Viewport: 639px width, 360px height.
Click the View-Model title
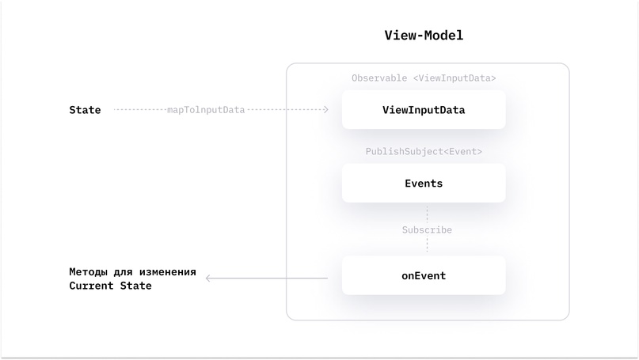424,36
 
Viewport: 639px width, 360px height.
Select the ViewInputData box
424,110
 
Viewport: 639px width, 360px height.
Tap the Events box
424,184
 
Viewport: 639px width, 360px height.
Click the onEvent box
424,275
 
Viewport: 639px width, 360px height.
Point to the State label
85,110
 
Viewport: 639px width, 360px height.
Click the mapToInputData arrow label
206,110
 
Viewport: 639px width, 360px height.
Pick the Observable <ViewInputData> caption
424,78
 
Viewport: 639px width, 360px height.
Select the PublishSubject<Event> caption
424,151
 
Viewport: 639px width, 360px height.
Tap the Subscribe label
427,229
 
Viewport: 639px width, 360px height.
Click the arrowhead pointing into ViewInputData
325,110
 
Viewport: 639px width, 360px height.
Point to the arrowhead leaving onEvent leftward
209,278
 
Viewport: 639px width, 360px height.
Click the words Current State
110,286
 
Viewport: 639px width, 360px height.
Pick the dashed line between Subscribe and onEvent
427,244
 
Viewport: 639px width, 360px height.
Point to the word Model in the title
443,36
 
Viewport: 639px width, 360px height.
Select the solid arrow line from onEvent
269,278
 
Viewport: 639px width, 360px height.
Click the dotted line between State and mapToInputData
139,110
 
